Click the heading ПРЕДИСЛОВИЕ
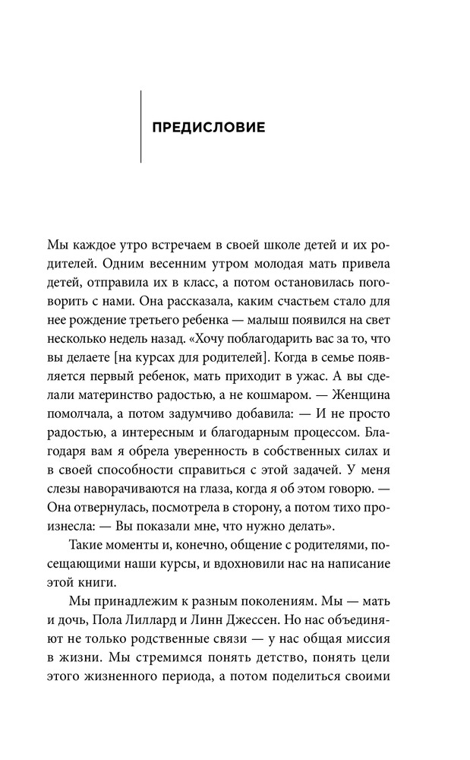[208, 127]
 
